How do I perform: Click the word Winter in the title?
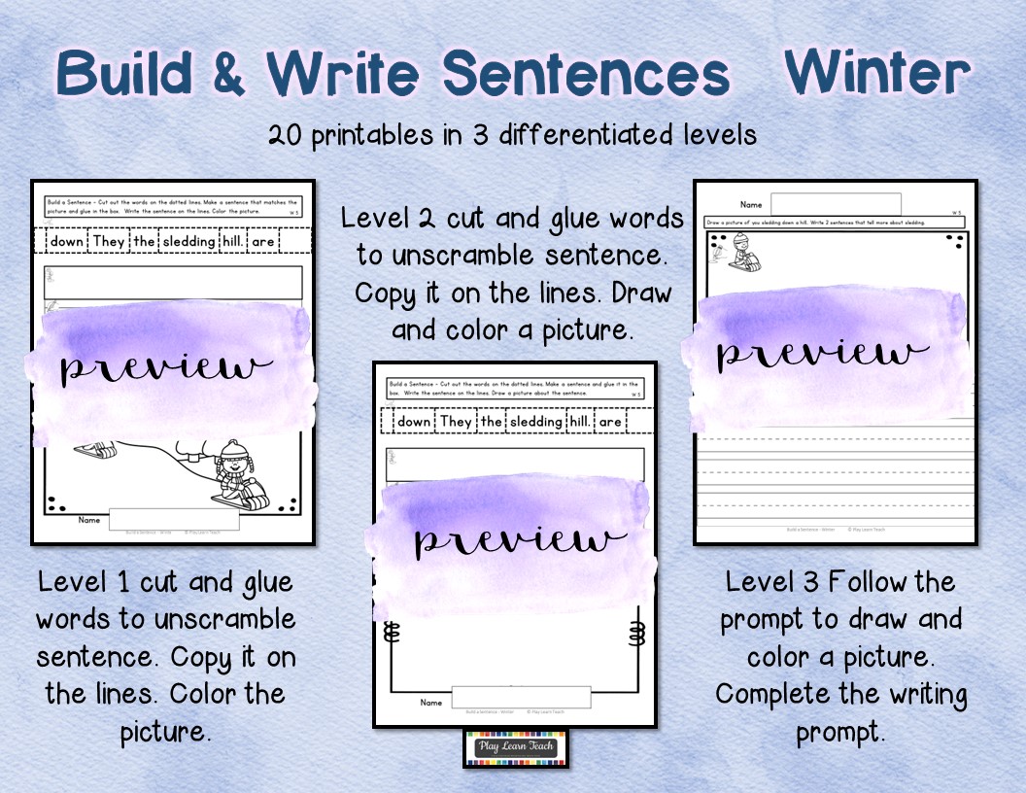(x=876, y=73)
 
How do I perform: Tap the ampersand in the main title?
(x=228, y=75)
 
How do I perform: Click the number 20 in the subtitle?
(x=289, y=134)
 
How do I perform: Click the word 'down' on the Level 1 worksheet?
(x=68, y=241)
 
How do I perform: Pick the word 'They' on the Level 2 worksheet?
(x=455, y=421)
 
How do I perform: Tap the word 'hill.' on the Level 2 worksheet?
(x=579, y=421)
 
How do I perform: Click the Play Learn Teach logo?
(x=516, y=747)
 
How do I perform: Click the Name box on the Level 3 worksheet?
(x=835, y=204)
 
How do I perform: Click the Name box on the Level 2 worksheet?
(x=520, y=698)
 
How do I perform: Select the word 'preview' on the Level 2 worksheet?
(x=519, y=539)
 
